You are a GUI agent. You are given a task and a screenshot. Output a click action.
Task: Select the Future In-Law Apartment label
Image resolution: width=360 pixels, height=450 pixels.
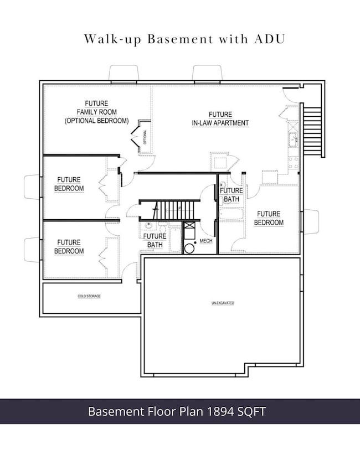click(x=220, y=118)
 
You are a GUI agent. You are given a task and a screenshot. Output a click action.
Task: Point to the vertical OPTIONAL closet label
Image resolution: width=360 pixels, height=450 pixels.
click(x=145, y=136)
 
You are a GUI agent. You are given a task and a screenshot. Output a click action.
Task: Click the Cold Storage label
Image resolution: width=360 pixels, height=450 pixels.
click(x=89, y=297)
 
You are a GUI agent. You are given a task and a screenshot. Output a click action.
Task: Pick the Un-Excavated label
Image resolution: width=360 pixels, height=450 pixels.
click(x=223, y=303)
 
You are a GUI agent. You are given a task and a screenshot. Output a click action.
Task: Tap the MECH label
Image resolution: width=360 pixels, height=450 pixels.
click(x=206, y=241)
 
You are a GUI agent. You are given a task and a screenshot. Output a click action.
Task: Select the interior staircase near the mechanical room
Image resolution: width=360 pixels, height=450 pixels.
click(x=176, y=210)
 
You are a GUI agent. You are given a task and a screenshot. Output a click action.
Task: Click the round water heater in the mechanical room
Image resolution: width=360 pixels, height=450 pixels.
click(x=189, y=248)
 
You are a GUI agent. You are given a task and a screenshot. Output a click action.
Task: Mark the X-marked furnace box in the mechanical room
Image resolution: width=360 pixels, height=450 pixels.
click(x=189, y=226)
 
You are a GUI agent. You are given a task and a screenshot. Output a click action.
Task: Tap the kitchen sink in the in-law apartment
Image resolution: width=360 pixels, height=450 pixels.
click(x=293, y=139)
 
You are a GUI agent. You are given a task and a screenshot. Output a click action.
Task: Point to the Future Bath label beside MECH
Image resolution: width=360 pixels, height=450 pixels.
click(x=155, y=240)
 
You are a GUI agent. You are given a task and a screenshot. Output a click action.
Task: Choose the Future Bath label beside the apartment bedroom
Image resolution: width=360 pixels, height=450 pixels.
click(x=231, y=194)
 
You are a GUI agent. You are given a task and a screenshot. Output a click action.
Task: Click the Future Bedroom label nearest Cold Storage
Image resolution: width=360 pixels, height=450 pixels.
click(x=69, y=247)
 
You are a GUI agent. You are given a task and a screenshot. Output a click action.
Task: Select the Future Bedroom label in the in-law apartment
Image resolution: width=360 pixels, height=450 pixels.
click(x=269, y=218)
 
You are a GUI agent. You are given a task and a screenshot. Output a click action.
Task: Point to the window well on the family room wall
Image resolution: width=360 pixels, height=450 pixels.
click(x=124, y=73)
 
